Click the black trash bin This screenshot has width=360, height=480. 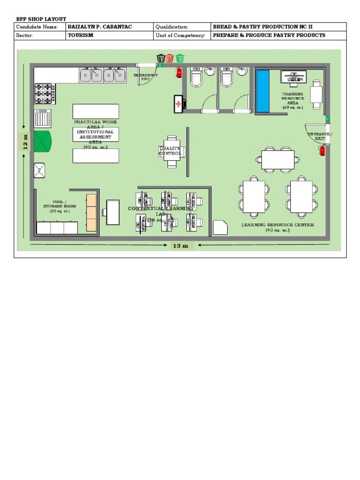click(161, 58)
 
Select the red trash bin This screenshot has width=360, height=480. click(170, 58)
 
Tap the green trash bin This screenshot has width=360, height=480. click(180, 58)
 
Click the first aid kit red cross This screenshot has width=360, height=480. click(178, 104)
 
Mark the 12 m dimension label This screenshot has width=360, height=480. click(25, 141)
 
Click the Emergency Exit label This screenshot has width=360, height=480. click(146, 77)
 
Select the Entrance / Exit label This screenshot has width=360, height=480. click(320, 136)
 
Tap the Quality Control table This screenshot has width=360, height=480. click(172, 150)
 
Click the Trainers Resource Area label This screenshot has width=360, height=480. click(292, 100)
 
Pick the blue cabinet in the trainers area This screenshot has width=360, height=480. click(263, 91)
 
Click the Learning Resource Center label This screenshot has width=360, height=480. click(277, 227)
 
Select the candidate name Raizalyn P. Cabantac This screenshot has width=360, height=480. click(100, 27)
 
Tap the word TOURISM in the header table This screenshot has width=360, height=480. click(81, 35)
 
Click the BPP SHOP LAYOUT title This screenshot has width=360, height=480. click(41, 19)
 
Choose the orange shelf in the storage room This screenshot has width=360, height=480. click(91, 212)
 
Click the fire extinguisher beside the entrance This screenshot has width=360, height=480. click(322, 150)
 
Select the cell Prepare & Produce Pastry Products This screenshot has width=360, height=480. click(269, 35)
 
